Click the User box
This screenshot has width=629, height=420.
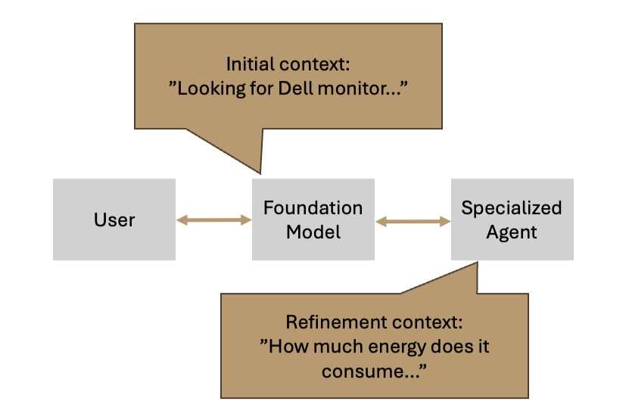tap(114, 219)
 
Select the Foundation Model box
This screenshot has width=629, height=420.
tap(313, 219)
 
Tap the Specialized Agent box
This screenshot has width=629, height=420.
tap(512, 219)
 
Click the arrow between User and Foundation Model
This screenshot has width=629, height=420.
tap(213, 219)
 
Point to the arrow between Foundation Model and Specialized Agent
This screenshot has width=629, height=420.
tap(413, 221)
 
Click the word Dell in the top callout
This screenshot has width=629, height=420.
tap(296, 89)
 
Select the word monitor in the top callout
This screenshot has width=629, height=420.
tap(347, 89)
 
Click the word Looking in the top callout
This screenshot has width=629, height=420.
tap(211, 89)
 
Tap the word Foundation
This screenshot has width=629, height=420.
tap(313, 208)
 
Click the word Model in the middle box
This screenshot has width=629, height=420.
tap(313, 232)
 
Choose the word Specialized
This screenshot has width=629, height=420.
tap(512, 208)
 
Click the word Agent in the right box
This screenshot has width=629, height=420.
tap(512, 232)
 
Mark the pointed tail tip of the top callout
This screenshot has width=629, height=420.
tap(260, 174)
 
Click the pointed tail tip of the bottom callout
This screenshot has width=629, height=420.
tap(478, 263)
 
